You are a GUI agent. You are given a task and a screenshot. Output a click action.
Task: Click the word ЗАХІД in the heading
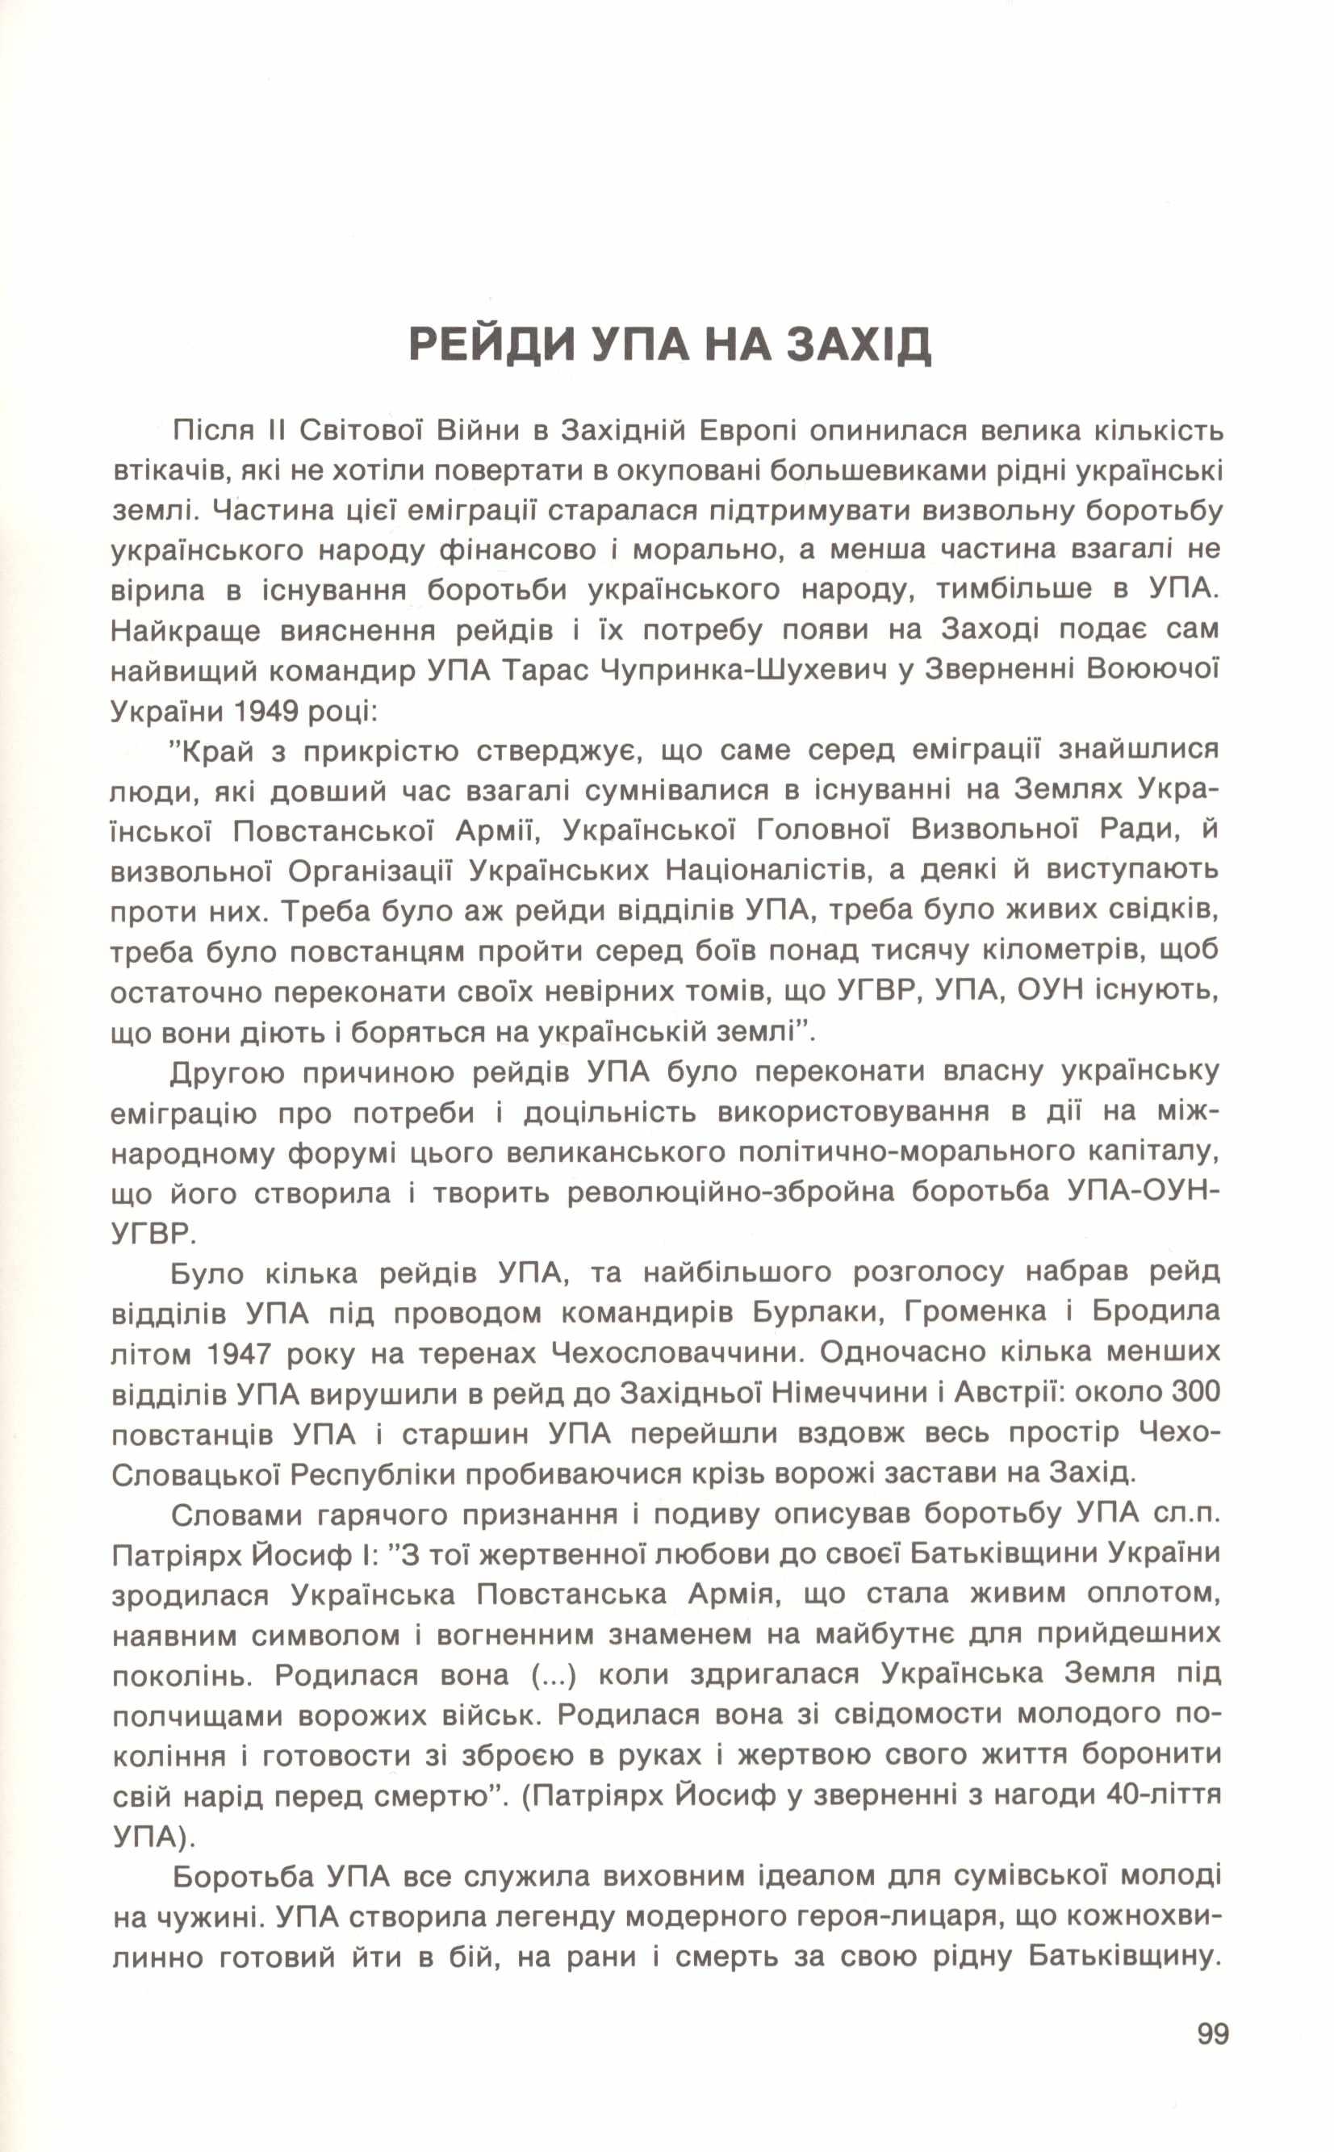tap(859, 345)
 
